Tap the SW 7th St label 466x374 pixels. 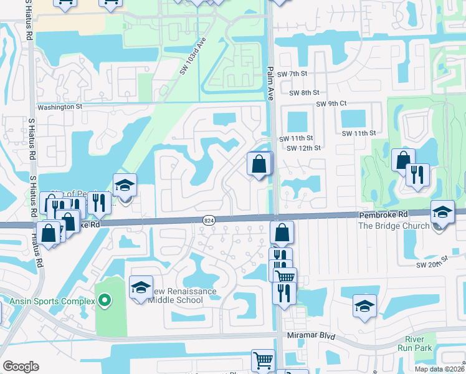click(293, 74)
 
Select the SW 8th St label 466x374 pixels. click(304, 93)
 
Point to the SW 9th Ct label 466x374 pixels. click(331, 103)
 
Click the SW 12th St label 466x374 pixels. click(303, 148)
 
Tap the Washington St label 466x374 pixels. click(60, 107)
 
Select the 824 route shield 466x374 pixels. click(209, 219)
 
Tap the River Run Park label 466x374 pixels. click(415, 343)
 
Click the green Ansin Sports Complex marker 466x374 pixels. click(104, 301)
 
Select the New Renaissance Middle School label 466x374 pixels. click(181, 296)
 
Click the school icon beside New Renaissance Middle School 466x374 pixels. click(141, 288)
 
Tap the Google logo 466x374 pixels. click(21, 366)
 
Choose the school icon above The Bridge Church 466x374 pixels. click(442, 212)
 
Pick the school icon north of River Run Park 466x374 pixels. click(364, 305)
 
